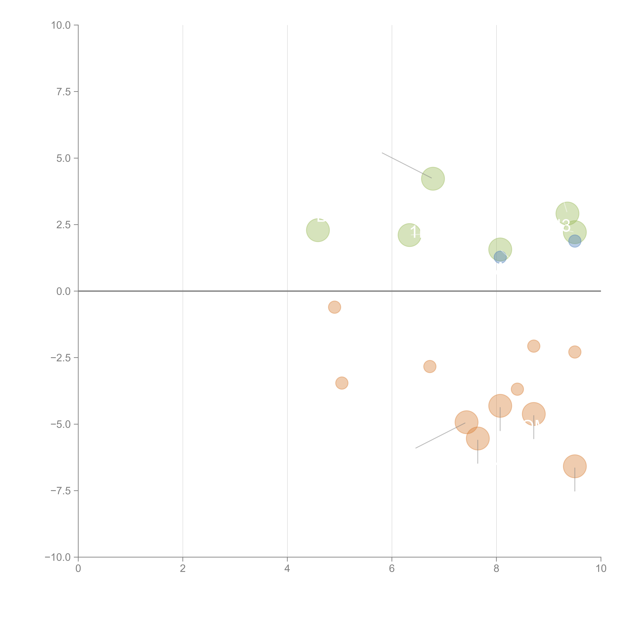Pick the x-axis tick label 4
287,569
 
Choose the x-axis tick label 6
392,569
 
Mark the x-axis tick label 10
601,569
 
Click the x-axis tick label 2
183,569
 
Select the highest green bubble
433,179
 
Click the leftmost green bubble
318,230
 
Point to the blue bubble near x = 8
500,258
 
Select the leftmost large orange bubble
466,422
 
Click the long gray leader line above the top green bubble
407,165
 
